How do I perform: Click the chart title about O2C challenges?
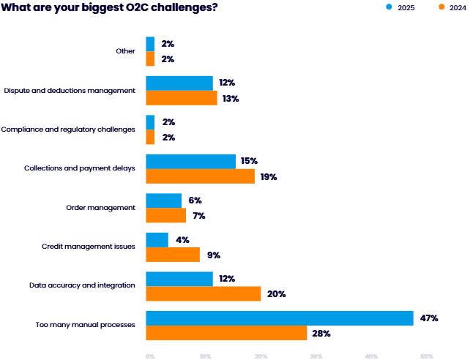(110, 8)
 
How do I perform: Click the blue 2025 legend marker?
(389, 8)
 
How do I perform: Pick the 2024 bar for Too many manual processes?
(226, 333)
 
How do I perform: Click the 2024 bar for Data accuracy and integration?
(204, 293)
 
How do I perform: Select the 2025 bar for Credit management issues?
(157, 239)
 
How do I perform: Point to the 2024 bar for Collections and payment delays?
(200, 176)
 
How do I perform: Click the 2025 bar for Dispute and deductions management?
(179, 83)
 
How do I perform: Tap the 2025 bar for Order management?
(164, 200)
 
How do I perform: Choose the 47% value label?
(429, 318)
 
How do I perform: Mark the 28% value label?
(322, 334)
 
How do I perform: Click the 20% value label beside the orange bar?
(276, 294)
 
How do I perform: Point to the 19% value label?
(269, 177)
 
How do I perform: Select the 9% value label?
(213, 255)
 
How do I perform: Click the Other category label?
(125, 51)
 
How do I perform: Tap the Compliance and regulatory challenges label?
(68, 130)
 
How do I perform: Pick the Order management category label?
(100, 208)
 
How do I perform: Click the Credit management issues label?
(89, 247)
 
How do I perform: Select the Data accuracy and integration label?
(82, 285)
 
